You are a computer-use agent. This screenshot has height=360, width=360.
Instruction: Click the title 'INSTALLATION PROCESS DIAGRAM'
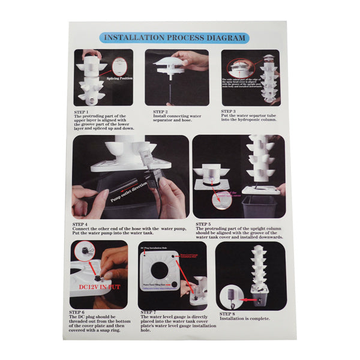click(x=175, y=38)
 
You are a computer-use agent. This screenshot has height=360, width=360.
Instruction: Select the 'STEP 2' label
click(x=160, y=111)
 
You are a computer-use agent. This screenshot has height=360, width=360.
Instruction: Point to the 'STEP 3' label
click(x=229, y=111)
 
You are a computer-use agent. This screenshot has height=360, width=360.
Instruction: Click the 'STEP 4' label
click(x=80, y=224)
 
